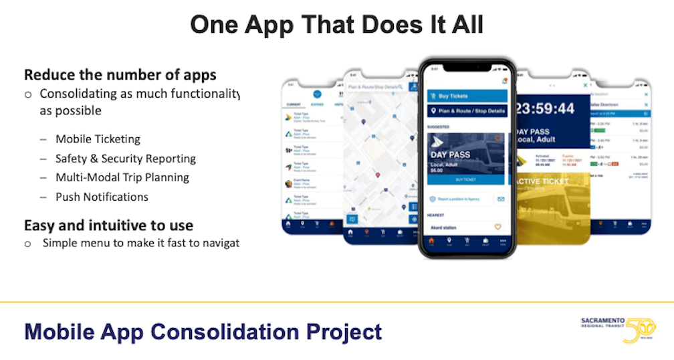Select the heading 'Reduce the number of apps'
point(120,75)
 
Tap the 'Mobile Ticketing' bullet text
point(98,139)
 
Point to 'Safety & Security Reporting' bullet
point(126,159)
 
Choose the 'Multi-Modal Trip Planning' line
point(122,177)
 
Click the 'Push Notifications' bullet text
point(102,197)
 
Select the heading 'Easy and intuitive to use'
point(108,225)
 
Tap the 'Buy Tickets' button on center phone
point(467,96)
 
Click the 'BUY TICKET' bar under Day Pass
point(466,180)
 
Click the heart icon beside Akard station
point(497,228)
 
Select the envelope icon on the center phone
point(500,199)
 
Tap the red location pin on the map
point(378,175)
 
